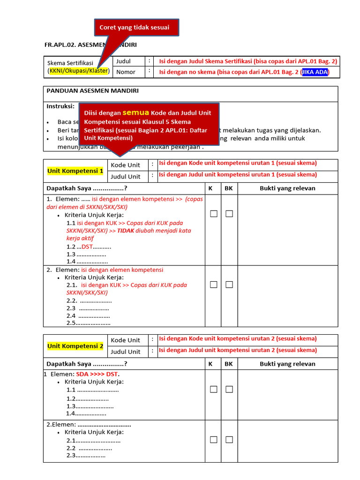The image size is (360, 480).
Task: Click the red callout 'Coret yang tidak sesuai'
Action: [x=137, y=27]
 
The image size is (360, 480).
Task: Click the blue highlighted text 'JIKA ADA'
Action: [x=315, y=72]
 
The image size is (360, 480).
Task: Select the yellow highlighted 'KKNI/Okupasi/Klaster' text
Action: [x=78, y=71]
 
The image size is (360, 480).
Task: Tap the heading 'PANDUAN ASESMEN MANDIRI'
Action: [x=92, y=90]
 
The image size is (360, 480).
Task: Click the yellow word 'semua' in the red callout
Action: [x=136, y=112]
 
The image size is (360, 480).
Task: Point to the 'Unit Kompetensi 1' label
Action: [x=75, y=171]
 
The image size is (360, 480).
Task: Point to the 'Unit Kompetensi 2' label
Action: [x=75, y=346]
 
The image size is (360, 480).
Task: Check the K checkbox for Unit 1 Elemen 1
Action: [x=214, y=214]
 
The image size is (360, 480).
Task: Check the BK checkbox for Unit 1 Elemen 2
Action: [x=229, y=285]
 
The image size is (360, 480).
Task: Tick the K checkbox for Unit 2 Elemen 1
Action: [x=214, y=389]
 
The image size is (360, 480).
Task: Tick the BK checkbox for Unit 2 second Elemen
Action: [x=229, y=440]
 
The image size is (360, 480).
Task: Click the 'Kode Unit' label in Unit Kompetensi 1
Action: [x=125, y=165]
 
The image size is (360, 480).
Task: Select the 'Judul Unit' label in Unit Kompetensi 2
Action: [x=125, y=352]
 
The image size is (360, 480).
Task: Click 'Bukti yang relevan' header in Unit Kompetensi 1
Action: [x=287, y=188]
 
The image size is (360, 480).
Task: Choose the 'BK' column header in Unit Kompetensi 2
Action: [x=229, y=364]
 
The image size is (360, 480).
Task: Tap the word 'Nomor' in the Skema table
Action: [x=126, y=72]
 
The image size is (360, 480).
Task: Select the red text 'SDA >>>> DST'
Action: [x=97, y=374]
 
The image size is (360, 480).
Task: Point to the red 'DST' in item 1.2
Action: [x=87, y=247]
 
